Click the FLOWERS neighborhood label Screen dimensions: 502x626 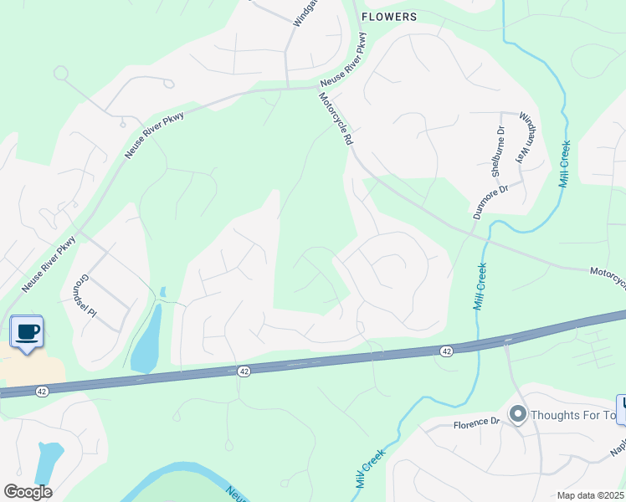[x=388, y=16]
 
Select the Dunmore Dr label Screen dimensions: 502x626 [x=490, y=202]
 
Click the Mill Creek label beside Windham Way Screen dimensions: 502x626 [x=565, y=164]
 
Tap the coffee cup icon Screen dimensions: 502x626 [x=28, y=331]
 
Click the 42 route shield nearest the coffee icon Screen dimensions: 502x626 [x=41, y=391]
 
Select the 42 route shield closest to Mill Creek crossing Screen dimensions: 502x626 [x=447, y=352]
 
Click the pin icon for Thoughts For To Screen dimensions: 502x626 [x=518, y=414]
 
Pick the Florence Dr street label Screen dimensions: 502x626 [x=476, y=423]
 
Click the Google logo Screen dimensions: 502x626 [x=28, y=491]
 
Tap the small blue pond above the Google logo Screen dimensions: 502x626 [x=49, y=461]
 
